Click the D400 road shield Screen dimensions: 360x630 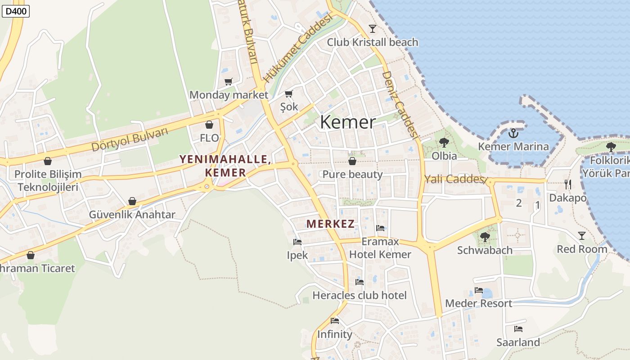point(16,11)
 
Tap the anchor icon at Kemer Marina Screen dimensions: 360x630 point(513,133)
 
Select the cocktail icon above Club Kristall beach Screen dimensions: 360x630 point(373,29)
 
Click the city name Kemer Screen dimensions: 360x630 point(347,122)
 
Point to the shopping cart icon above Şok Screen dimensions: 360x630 point(289,94)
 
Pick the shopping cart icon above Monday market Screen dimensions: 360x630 point(229,81)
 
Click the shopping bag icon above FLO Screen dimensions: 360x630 point(209,125)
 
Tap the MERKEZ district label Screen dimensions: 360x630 point(330,224)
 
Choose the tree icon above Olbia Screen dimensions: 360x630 point(444,143)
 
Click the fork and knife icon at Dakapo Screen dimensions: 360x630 point(568,184)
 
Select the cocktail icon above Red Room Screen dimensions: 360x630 point(582,235)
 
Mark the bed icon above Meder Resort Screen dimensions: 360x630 point(478,290)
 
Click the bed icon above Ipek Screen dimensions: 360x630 point(297,242)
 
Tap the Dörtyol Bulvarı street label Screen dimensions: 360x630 point(130,140)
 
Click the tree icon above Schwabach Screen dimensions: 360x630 point(485,237)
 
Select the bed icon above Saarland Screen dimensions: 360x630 point(518,329)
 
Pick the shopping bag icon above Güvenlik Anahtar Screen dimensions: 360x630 point(132,201)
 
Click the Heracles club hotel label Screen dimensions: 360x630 point(360,296)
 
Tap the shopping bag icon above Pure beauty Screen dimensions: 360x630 point(352,161)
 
